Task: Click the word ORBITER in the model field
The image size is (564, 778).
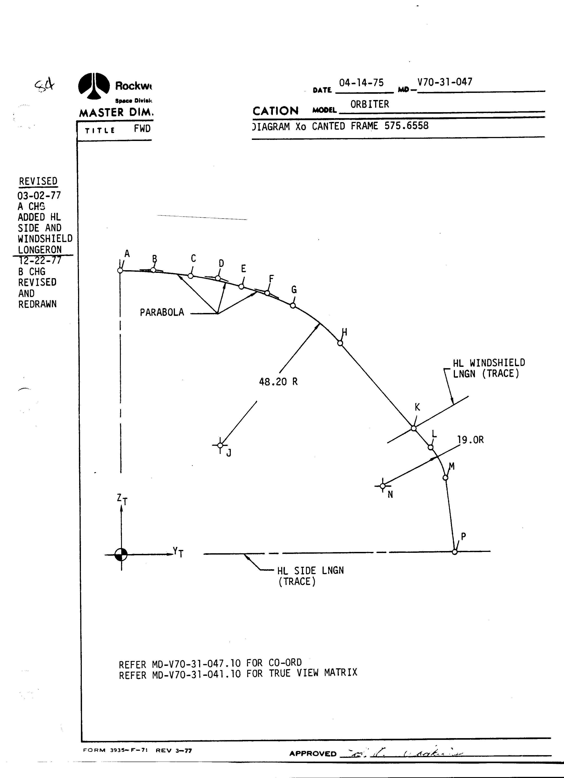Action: click(x=370, y=104)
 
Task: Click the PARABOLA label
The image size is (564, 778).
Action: click(x=162, y=312)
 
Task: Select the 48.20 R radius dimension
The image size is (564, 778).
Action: click(x=278, y=381)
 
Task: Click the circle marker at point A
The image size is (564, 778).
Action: click(x=120, y=270)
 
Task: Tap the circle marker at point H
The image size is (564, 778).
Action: click(x=340, y=343)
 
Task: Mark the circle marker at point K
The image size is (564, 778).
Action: click(x=413, y=428)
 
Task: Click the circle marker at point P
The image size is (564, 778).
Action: click(x=454, y=552)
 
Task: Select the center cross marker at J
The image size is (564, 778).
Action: click(x=220, y=445)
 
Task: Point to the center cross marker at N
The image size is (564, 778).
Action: click(x=382, y=486)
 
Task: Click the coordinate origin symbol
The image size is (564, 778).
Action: click(x=121, y=554)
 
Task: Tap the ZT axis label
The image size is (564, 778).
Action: click(x=122, y=499)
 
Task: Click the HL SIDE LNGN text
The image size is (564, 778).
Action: click(x=310, y=571)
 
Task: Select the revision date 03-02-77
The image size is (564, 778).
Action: click(x=39, y=195)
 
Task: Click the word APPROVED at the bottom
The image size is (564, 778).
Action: click(x=313, y=753)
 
